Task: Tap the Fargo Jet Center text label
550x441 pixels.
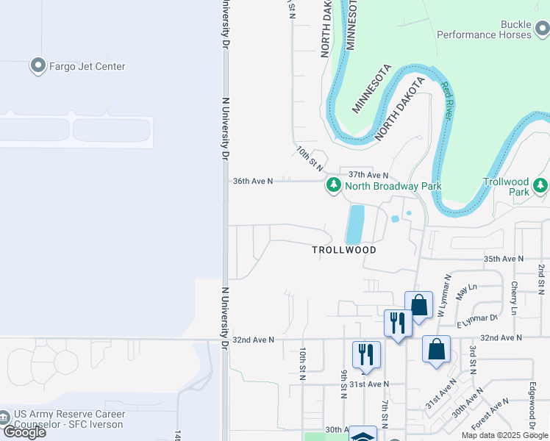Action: (87, 66)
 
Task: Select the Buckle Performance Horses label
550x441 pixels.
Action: (484, 29)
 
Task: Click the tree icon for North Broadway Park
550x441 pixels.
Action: (334, 185)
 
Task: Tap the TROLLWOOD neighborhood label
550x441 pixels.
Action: (344, 250)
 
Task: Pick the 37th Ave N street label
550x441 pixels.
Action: (368, 175)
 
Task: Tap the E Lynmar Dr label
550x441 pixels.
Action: (477, 318)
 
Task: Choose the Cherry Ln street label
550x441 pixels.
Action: (514, 298)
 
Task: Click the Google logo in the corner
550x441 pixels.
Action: (24, 432)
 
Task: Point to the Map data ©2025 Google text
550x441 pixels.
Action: (505, 435)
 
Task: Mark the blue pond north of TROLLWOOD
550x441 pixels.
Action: (354, 224)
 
